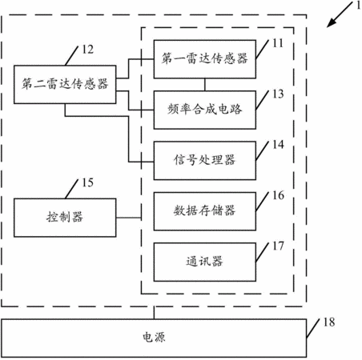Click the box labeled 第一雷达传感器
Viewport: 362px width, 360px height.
coord(205,59)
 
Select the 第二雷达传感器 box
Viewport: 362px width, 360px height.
coord(65,84)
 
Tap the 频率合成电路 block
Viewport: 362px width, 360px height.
coord(205,110)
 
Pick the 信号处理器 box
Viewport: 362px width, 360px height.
coord(205,161)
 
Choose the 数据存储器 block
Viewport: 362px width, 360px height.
coord(205,211)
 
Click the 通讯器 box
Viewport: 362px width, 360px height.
coord(205,262)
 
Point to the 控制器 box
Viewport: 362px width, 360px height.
coord(65,218)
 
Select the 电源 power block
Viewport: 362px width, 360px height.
coord(154,338)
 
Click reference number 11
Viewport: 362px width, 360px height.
coord(278,43)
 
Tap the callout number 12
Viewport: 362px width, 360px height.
coord(88,50)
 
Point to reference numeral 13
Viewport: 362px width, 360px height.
coord(278,94)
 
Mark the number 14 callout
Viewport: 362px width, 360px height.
coord(278,145)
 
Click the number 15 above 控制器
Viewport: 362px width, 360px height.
coord(88,182)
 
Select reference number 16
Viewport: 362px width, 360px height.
coord(278,195)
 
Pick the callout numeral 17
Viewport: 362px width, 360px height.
coord(278,246)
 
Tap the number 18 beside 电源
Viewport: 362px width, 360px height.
coord(329,322)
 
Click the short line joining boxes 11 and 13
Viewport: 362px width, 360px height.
coord(205,85)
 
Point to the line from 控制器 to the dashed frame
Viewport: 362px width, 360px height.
coord(129,218)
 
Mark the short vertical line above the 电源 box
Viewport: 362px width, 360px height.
coord(154,313)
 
